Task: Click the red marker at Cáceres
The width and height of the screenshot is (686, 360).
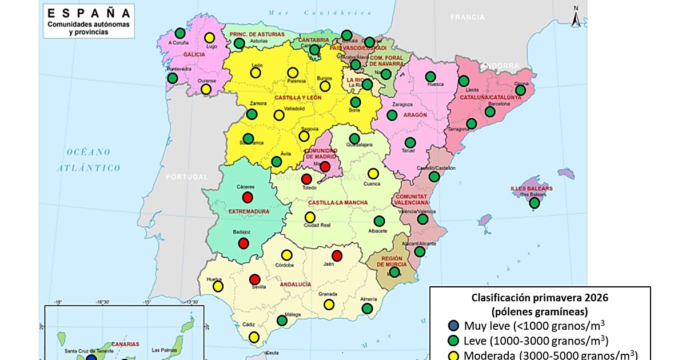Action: coord(248,197)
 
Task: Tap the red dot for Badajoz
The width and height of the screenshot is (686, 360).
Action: coord(244,243)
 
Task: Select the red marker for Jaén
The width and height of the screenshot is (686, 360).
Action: coord(337,255)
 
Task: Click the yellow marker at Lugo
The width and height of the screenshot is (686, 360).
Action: coord(210,38)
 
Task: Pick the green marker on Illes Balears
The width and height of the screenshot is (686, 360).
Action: coord(535,203)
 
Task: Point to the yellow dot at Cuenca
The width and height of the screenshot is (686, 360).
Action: coord(373,173)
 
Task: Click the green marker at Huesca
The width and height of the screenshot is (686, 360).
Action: coord(430,77)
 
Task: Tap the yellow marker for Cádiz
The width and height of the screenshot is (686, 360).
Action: coord(254,337)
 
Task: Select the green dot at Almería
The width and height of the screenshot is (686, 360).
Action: coord(367,309)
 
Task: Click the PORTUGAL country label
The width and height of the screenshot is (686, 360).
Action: coord(187,177)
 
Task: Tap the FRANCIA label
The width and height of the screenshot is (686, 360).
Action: coord(467,17)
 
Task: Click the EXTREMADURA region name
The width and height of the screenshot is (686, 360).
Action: coord(249,211)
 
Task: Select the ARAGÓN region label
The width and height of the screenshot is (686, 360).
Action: coord(415,115)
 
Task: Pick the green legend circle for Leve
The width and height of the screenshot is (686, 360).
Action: coord(453,341)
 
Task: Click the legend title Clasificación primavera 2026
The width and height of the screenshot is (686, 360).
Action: coord(540,297)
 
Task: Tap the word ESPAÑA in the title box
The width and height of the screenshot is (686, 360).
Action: coord(88,13)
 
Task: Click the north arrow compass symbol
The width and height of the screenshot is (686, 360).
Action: coord(577,17)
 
